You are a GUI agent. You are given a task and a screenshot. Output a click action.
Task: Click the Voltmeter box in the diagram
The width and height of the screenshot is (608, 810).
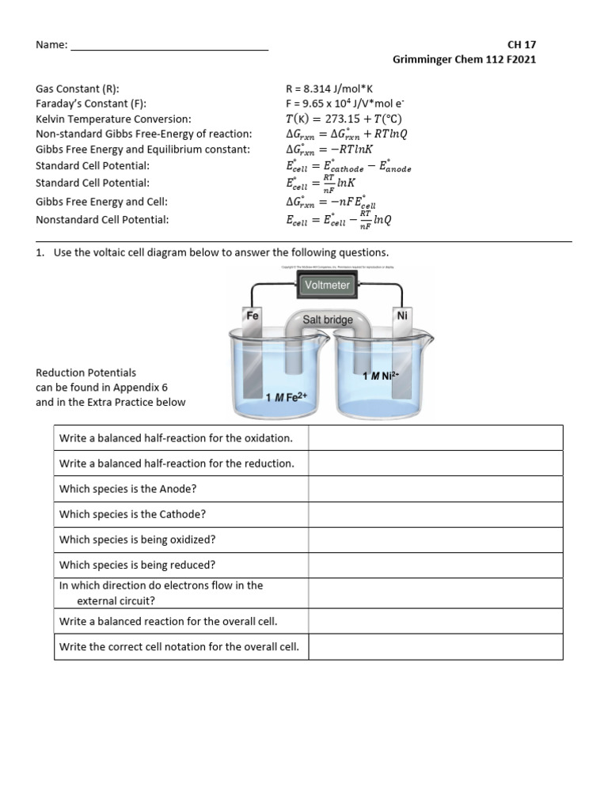pyautogui.click(x=327, y=285)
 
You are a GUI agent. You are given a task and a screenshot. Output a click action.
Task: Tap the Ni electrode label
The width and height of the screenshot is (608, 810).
pyautogui.click(x=401, y=315)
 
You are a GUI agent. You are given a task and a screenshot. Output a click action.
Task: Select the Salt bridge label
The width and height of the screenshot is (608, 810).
pyautogui.click(x=328, y=320)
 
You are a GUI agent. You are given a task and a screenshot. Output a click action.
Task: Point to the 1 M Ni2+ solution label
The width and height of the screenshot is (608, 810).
pyautogui.click(x=378, y=376)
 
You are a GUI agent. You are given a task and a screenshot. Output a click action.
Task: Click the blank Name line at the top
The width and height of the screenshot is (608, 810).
pyautogui.click(x=169, y=46)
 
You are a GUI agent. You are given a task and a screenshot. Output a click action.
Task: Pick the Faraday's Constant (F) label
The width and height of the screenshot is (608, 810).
pyautogui.click(x=91, y=104)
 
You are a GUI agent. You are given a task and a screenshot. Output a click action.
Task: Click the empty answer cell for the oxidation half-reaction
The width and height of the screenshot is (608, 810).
pyautogui.click(x=435, y=437)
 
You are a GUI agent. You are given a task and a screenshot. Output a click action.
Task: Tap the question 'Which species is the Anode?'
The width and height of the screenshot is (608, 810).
pyautogui.click(x=127, y=489)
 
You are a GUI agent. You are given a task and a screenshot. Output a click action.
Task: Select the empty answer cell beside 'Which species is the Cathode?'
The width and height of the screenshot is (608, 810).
pyautogui.click(x=435, y=514)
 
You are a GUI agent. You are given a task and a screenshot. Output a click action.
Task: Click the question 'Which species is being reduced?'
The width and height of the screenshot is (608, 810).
pyautogui.click(x=137, y=565)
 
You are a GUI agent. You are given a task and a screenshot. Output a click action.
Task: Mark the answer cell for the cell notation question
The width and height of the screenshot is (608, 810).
pyautogui.click(x=435, y=646)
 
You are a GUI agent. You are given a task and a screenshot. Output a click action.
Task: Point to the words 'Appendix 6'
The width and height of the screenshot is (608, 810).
pyautogui.click(x=142, y=388)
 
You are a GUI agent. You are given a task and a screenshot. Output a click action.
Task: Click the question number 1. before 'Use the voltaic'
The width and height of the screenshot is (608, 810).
pyautogui.click(x=40, y=252)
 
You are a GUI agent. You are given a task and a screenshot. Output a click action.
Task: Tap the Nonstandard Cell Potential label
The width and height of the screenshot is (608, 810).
pyautogui.click(x=102, y=220)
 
